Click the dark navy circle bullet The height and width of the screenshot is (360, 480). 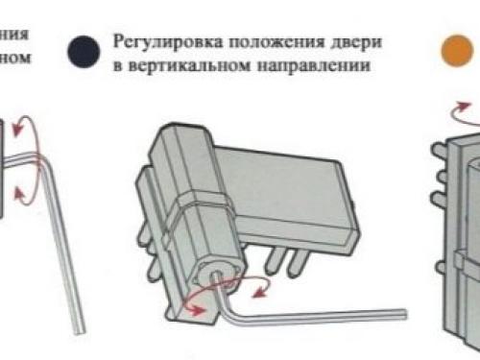click(x=84, y=50)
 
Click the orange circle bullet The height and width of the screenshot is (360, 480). click(x=455, y=51)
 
